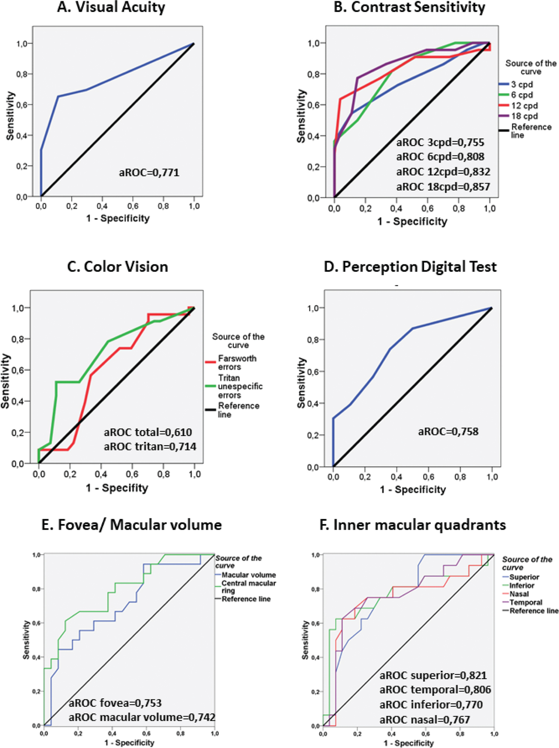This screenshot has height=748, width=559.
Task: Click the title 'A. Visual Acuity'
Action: (x=111, y=8)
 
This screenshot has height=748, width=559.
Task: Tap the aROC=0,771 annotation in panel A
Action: (x=149, y=172)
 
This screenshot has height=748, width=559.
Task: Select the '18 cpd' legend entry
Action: (x=524, y=116)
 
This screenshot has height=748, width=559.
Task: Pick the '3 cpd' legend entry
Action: (x=522, y=84)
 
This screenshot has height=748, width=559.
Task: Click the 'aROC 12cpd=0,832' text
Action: (x=443, y=172)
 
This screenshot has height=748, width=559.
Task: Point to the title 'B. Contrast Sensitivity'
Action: (x=409, y=8)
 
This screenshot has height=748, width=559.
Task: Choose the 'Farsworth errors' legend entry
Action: (x=237, y=363)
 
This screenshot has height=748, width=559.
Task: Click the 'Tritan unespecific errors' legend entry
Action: (x=240, y=386)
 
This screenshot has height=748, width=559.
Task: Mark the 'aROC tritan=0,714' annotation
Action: (x=150, y=447)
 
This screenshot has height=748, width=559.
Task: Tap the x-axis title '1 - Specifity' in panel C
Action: (x=117, y=488)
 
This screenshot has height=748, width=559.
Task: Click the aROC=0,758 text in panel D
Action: (x=448, y=432)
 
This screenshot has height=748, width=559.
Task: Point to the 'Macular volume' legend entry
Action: (x=248, y=575)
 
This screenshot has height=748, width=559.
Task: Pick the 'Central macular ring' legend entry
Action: (x=248, y=587)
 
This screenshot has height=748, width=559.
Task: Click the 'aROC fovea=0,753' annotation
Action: (x=115, y=703)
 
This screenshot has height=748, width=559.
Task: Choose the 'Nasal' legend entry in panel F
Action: (x=519, y=594)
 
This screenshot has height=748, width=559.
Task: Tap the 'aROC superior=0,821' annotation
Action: (x=433, y=676)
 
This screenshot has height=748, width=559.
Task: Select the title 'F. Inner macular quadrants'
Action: (x=413, y=525)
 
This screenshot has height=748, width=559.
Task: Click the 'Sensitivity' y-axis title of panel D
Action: (x=301, y=383)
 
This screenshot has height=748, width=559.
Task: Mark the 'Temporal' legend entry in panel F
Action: (x=525, y=602)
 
